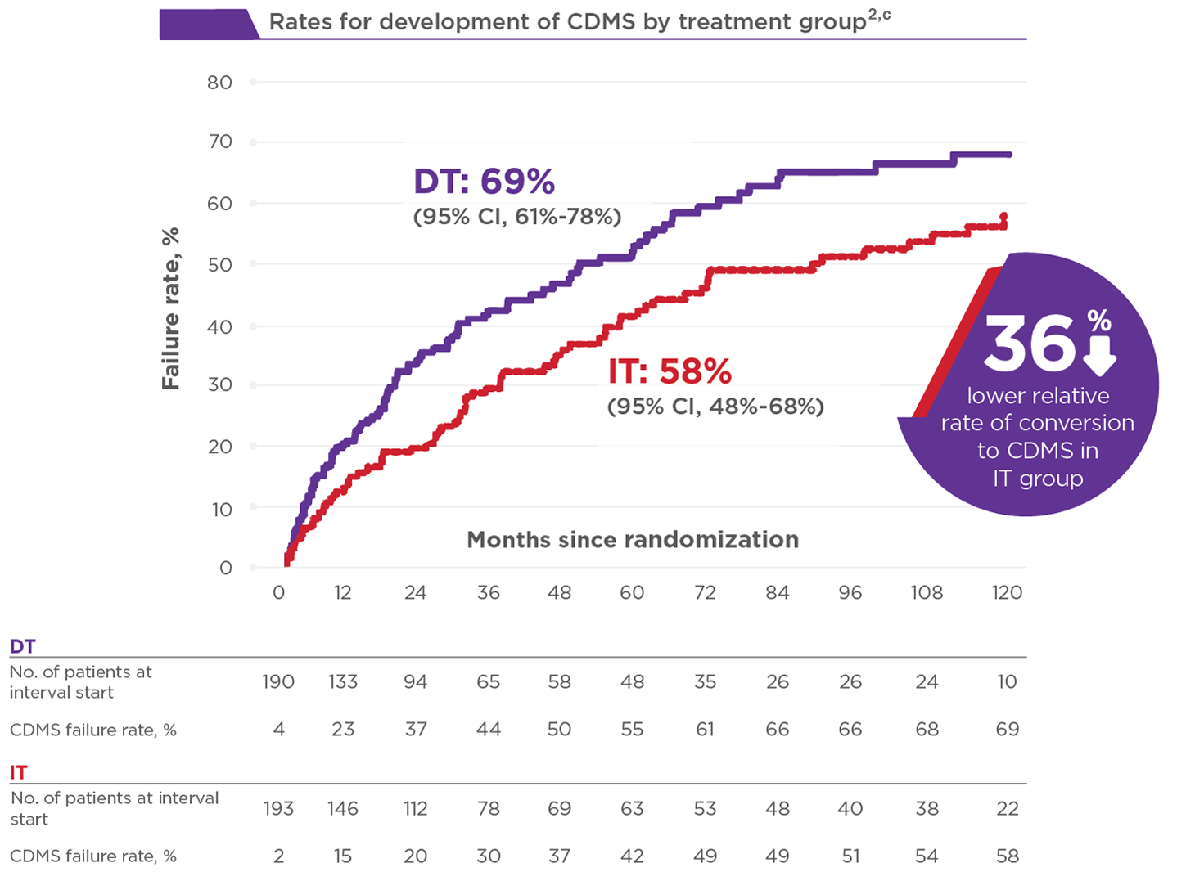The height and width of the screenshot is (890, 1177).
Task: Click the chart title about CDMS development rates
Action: (x=579, y=22)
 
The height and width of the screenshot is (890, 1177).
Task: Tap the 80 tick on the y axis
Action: (x=219, y=83)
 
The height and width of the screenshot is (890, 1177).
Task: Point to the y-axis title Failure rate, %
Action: (x=170, y=308)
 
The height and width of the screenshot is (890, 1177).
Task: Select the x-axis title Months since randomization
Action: (x=633, y=539)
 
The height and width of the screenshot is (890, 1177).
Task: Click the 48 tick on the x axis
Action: (x=560, y=592)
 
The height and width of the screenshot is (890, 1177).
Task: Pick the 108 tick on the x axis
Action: (x=927, y=592)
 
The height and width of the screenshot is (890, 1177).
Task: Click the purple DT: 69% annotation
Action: (x=484, y=181)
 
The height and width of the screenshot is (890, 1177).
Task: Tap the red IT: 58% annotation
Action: (x=670, y=371)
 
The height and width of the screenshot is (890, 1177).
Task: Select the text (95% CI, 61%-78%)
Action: (x=517, y=217)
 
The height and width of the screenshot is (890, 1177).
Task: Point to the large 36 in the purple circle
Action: (x=1030, y=344)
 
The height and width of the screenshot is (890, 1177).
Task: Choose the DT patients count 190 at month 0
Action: (x=278, y=681)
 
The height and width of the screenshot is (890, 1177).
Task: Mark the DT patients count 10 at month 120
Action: (x=1007, y=681)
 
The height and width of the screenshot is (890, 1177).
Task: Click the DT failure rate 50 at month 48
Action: (x=560, y=729)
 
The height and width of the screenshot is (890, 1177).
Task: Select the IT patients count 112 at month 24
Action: (x=416, y=808)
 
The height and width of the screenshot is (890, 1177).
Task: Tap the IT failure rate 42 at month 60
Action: (x=632, y=856)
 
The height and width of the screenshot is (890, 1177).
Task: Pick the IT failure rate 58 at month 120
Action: (x=1008, y=856)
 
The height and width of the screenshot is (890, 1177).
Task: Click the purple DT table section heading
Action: (x=22, y=646)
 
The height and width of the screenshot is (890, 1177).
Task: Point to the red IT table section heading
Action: (x=19, y=772)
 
